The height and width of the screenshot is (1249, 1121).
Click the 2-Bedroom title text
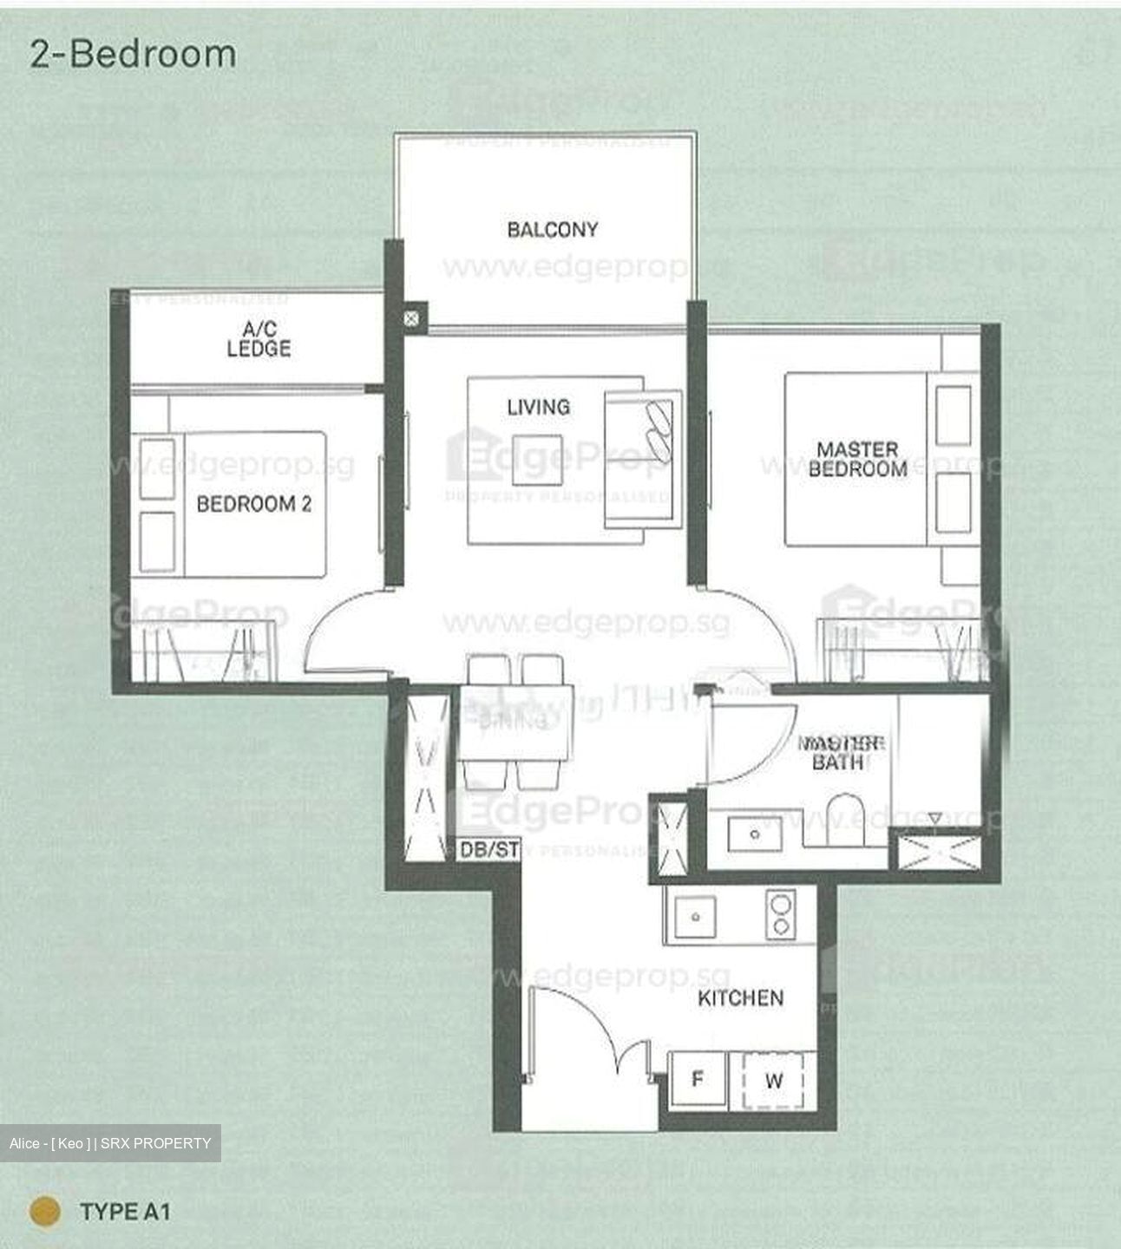point(133,54)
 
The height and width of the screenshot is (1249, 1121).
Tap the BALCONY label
point(553,230)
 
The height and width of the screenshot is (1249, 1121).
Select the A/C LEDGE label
point(259,339)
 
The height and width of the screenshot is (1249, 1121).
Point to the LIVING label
point(538,406)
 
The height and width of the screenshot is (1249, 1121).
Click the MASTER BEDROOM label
point(857,460)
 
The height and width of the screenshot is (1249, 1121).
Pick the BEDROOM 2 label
point(253,504)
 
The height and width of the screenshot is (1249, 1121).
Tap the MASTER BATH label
point(839,753)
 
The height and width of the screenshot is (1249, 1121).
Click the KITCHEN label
point(740,998)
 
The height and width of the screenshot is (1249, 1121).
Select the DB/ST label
point(488,850)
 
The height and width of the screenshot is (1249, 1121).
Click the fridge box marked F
point(697,1080)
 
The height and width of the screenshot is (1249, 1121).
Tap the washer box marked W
point(773,1081)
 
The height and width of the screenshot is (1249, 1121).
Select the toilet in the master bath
point(846,819)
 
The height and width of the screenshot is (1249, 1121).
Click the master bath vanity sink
point(754,834)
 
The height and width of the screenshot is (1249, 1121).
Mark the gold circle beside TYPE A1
point(45,1211)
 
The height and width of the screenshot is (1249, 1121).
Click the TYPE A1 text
point(125,1211)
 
